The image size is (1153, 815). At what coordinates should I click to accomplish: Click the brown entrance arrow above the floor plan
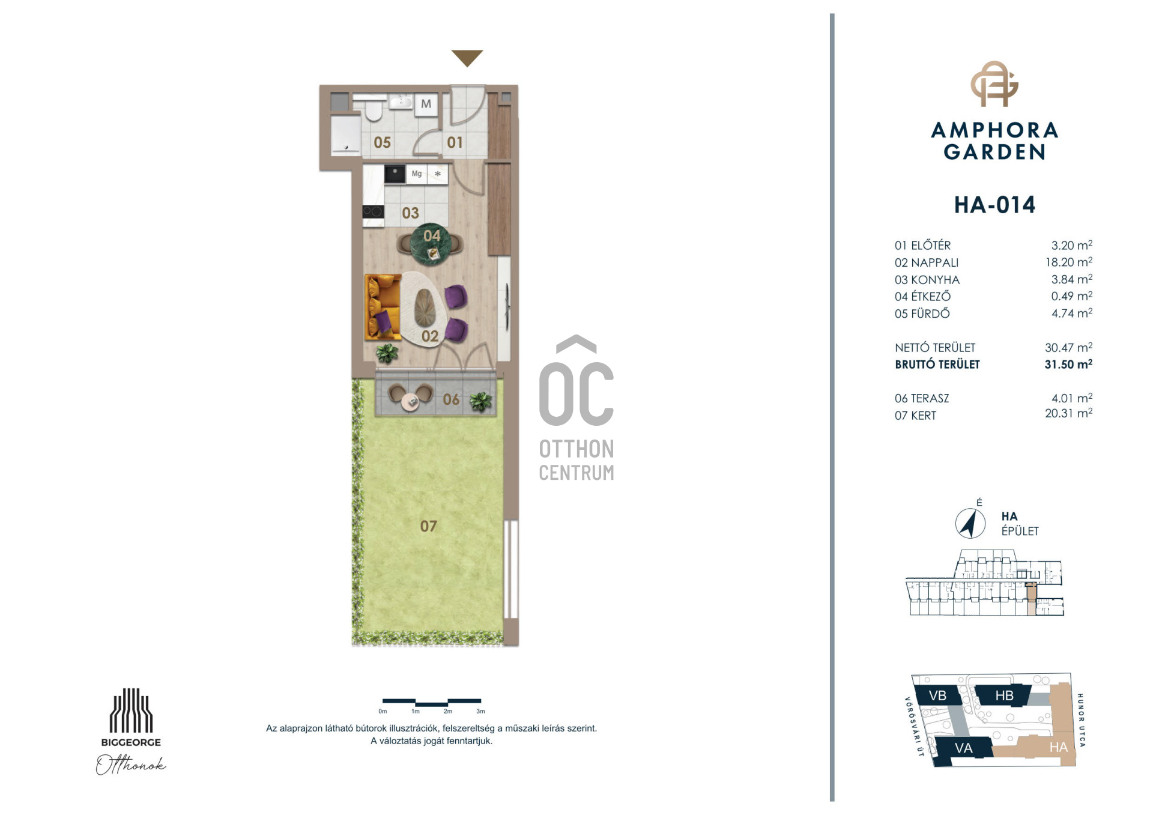[467, 58]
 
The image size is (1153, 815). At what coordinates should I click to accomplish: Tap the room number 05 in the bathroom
[382, 143]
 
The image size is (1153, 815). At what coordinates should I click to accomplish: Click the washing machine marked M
[426, 104]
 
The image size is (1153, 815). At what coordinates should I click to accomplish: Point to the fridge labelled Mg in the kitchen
[416, 174]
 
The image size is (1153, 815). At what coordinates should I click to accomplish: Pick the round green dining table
[431, 244]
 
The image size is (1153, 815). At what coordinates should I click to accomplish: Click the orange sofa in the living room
[383, 306]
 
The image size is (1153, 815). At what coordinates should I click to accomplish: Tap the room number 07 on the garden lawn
[428, 526]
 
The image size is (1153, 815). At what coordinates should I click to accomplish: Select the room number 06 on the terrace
[451, 399]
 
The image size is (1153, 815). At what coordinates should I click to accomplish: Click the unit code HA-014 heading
[994, 205]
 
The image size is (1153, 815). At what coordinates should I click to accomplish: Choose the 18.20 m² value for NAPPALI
[1068, 262]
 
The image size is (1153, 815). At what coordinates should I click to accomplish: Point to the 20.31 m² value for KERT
[1068, 413]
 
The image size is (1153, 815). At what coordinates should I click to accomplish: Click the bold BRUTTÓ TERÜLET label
[937, 365]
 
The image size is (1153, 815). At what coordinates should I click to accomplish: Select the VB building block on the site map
[937, 695]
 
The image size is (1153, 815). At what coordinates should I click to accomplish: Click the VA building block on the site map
[963, 748]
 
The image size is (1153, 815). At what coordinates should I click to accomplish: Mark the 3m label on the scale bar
[480, 711]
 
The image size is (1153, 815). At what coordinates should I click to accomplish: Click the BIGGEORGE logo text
[131, 742]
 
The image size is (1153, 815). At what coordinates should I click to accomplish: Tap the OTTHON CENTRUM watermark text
[576, 460]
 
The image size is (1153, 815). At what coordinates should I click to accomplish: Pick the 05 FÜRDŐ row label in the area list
[922, 314]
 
